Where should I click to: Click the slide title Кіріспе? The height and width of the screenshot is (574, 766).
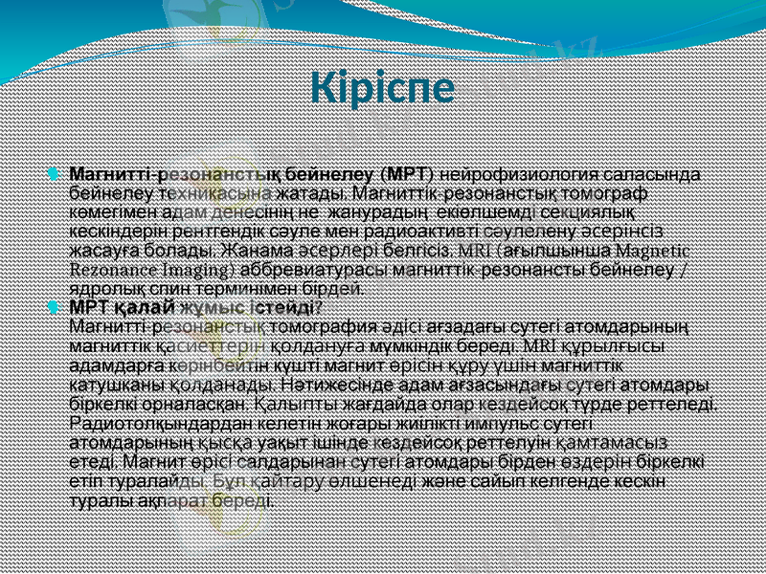coord(382,89)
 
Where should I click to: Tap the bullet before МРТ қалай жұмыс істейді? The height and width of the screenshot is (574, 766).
coord(54,307)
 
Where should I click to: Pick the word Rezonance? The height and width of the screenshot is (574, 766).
coord(112,269)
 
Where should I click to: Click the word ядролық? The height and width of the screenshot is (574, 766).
coord(103,286)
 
